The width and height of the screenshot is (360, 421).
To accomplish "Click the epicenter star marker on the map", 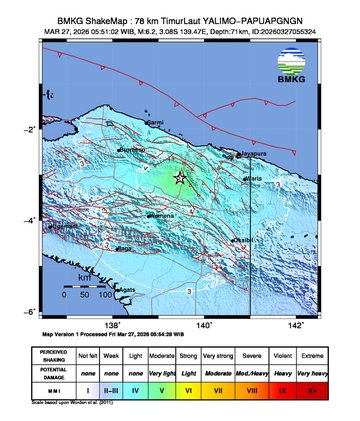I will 180,178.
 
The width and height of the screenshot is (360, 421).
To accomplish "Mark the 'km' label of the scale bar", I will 71,277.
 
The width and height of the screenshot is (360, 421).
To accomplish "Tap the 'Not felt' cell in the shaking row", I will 88,355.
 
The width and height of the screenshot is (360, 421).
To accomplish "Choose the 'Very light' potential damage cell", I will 151,373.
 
